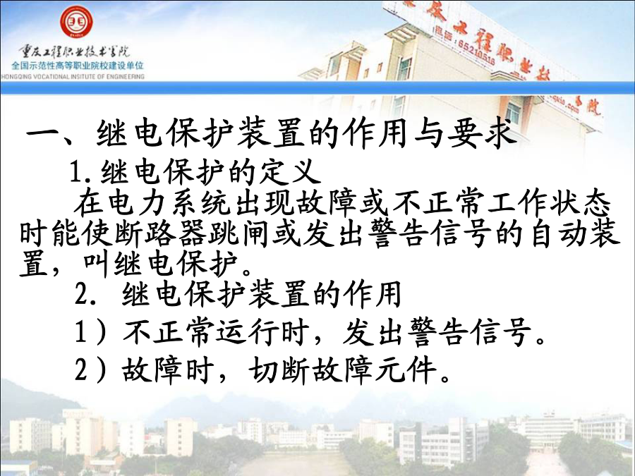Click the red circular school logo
tap(76, 21)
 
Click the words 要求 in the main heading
tap(483, 133)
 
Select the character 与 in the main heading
tap(430, 133)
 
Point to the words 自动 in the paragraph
tap(559, 233)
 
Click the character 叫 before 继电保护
tap(97, 264)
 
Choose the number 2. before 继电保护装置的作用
tap(86, 295)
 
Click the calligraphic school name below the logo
tap(75, 51)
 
